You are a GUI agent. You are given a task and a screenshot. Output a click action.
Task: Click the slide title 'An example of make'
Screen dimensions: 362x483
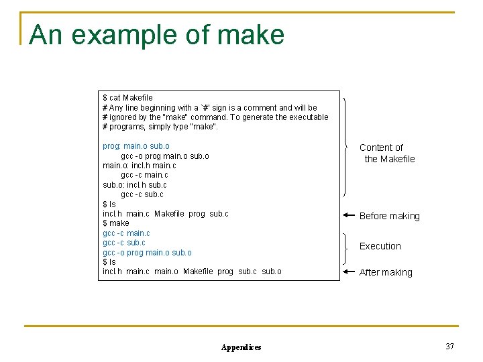[x=157, y=35]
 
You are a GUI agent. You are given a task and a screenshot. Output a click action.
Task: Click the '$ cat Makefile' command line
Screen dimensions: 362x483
[x=127, y=98]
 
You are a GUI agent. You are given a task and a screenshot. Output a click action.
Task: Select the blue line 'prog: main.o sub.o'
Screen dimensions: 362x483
[x=136, y=146]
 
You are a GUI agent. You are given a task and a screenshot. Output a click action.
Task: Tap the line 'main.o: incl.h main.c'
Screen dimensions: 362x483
[x=140, y=166]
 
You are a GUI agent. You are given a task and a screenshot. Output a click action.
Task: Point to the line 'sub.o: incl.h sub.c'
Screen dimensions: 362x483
[x=135, y=185]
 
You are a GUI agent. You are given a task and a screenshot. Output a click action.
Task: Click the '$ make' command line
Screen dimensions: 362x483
[x=116, y=223]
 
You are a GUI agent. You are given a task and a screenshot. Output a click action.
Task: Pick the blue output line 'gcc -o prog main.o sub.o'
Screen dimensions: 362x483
[x=147, y=252]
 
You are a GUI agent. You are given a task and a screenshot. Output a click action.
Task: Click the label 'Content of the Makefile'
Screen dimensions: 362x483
[x=386, y=153]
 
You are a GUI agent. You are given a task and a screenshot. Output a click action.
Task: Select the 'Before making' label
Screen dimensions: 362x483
[x=389, y=216]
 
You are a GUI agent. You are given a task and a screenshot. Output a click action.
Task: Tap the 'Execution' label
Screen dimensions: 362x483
[x=380, y=246]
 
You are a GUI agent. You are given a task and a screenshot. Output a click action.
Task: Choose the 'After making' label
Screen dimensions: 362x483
[x=386, y=272]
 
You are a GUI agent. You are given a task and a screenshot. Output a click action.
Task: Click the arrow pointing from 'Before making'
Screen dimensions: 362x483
[x=348, y=216]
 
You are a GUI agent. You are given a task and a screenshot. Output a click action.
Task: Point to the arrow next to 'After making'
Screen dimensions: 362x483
[x=348, y=272]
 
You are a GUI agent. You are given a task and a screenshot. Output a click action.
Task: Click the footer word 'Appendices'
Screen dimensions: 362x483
[x=241, y=347]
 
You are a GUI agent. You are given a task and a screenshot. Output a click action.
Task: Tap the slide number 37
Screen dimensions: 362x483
[x=449, y=347]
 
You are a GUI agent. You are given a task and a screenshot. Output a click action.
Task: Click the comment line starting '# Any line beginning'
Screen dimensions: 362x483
[x=210, y=108]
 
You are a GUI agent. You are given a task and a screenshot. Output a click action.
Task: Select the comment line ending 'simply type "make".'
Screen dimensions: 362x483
[x=160, y=127]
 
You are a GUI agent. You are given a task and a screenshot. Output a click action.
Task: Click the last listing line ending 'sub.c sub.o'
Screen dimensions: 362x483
[x=192, y=271]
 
